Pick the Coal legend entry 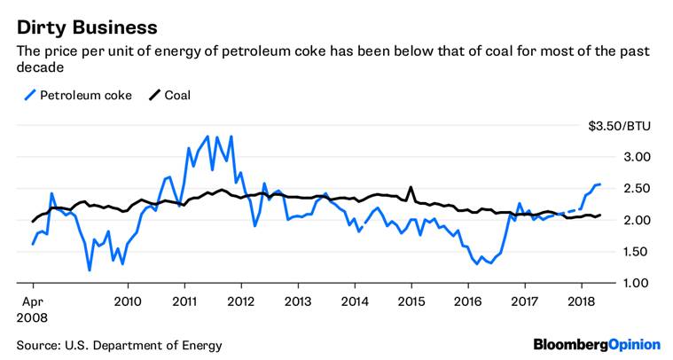point(177,94)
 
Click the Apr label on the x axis point(28,300)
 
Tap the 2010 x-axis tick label point(128,300)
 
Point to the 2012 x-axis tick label point(241,300)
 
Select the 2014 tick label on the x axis point(355,300)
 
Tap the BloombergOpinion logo point(596,344)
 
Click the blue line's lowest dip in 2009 point(90,270)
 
